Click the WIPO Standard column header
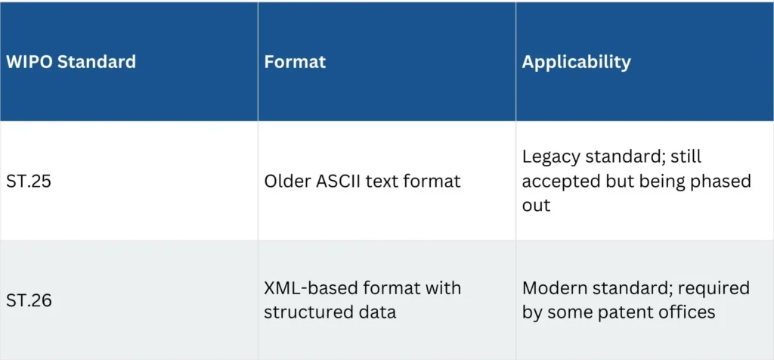point(70,62)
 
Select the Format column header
point(295,62)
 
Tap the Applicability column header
point(576,62)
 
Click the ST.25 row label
point(29,182)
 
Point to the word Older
point(292,182)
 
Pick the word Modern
point(553,288)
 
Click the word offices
point(687,312)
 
